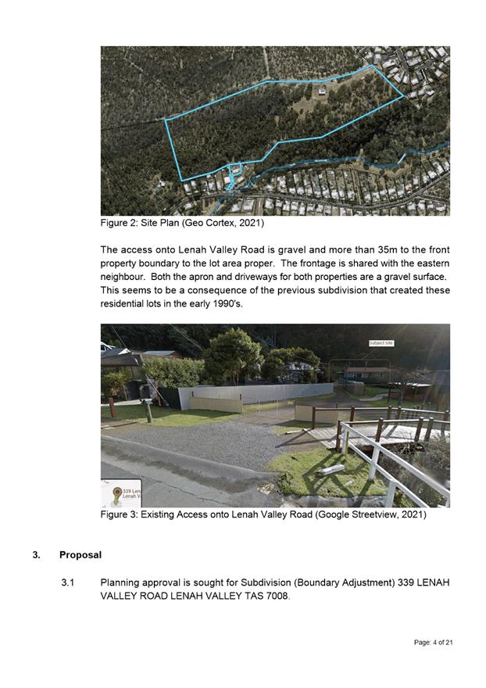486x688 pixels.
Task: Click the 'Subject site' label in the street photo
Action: tap(381, 343)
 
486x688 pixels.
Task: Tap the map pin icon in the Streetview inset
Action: tap(116, 493)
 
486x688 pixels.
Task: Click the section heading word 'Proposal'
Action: tap(80, 555)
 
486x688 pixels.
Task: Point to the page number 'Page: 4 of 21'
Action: tap(434, 642)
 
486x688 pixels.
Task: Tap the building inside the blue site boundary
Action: tap(321, 91)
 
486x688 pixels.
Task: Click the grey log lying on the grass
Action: tap(331, 469)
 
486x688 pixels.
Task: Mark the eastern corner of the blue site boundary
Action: tap(403, 97)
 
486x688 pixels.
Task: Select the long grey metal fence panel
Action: tap(258, 392)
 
